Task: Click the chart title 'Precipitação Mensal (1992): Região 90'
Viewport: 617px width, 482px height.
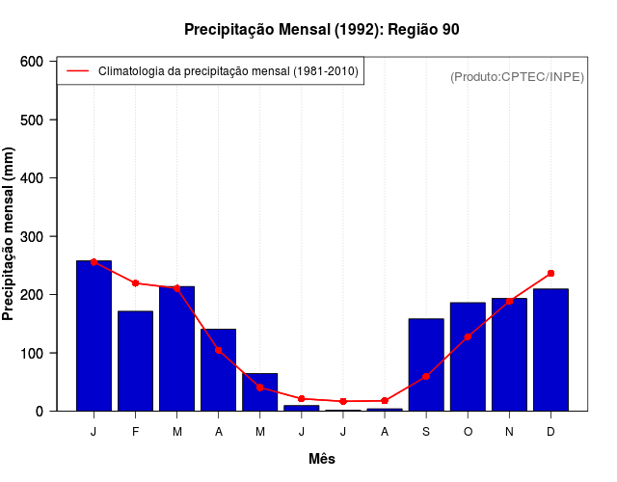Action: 321,30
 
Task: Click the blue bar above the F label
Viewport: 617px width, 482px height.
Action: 135,361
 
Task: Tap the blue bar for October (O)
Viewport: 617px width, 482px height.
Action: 468,357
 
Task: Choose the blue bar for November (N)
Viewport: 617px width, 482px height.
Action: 509,354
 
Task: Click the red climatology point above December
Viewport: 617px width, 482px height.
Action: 550,274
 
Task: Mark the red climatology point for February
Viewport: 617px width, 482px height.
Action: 135,283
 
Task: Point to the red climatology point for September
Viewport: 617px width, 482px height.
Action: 426,376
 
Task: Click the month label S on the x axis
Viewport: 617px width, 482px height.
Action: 426,432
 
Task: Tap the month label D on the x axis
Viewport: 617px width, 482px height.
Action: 550,432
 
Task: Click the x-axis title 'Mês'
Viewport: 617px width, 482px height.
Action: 321,460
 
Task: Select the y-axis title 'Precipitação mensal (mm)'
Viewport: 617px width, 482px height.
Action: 10,234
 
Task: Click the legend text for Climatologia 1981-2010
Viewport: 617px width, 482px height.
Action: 228,71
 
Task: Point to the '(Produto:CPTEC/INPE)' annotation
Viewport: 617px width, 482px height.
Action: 517,76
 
